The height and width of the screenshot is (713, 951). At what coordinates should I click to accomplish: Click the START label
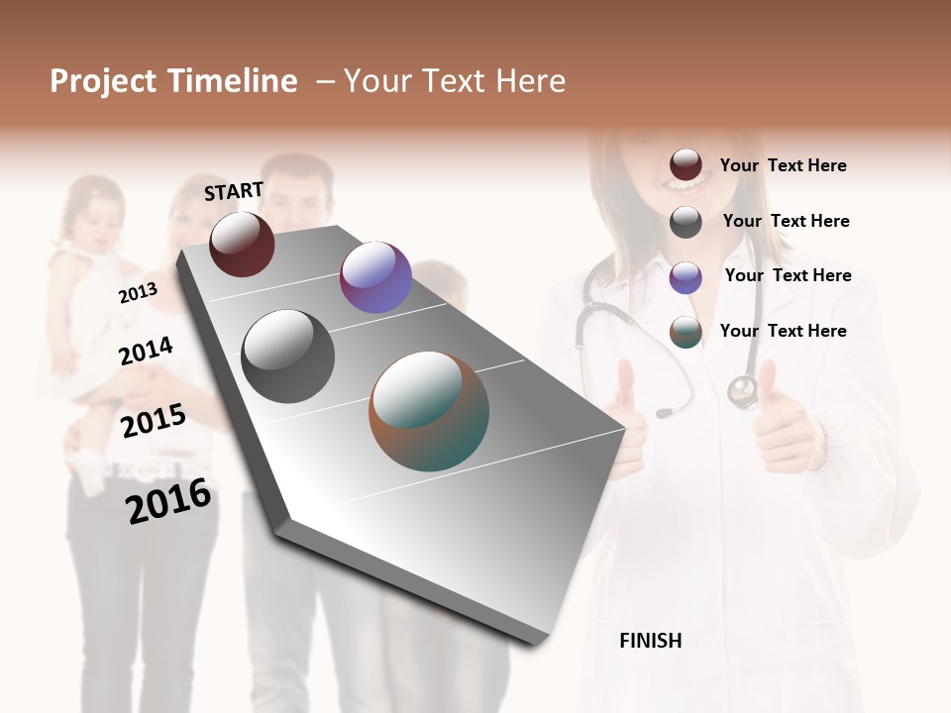point(234,191)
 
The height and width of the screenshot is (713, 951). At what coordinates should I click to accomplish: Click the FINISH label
point(651,641)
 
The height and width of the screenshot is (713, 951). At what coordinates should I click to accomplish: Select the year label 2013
point(138,293)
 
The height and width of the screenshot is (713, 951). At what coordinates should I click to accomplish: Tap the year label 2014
point(146,351)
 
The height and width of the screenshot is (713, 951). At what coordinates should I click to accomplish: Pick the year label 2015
point(154,421)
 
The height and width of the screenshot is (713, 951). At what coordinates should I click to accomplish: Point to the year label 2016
point(168,501)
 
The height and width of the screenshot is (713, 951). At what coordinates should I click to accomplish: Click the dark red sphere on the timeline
point(242,244)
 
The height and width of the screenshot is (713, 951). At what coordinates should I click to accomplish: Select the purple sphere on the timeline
point(375,277)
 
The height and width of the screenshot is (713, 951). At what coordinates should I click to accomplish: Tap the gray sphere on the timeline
point(288,356)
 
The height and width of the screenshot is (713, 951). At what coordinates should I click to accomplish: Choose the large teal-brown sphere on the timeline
point(429,411)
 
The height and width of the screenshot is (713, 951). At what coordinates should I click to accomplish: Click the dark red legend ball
point(686,165)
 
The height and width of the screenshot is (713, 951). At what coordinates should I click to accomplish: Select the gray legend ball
point(686,222)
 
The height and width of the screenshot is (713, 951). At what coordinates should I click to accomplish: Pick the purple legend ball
point(686,277)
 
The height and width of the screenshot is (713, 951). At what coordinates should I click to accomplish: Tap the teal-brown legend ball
point(686,333)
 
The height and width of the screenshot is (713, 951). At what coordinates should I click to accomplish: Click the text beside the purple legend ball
point(788,275)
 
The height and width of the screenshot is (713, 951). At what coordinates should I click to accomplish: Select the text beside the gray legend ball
point(786,221)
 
